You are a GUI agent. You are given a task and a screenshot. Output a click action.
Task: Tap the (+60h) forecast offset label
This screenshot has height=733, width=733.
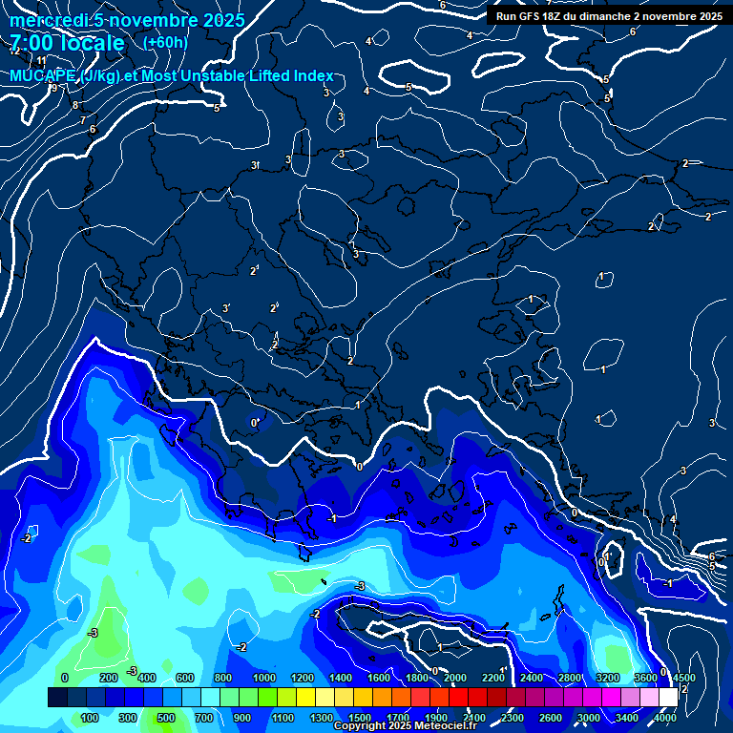click(x=165, y=43)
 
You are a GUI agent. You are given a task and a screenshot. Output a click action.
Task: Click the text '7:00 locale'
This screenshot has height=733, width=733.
click(x=67, y=43)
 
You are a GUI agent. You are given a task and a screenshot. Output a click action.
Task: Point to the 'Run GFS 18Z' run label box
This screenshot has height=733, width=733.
click(x=608, y=16)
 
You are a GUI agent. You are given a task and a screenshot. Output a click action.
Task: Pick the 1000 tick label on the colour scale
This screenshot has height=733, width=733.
click(x=263, y=678)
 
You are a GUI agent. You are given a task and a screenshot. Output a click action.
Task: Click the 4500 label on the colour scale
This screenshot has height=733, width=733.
click(x=683, y=678)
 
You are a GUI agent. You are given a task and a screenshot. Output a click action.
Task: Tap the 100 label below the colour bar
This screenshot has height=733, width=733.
click(x=91, y=718)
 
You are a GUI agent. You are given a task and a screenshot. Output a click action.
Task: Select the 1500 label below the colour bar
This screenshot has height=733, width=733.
click(x=360, y=718)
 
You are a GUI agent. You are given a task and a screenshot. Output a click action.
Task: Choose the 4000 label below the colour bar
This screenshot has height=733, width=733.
click(x=666, y=718)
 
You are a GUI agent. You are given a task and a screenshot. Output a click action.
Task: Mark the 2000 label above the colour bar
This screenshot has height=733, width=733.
click(x=455, y=678)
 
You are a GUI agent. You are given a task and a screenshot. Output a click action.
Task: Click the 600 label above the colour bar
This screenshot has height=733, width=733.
click(x=185, y=678)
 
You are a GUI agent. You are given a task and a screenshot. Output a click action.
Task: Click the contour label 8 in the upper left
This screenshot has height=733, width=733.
click(x=75, y=105)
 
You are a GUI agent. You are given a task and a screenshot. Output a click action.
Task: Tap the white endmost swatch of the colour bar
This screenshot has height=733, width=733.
click(x=668, y=698)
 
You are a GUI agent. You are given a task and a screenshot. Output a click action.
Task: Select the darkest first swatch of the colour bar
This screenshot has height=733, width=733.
click(x=57, y=698)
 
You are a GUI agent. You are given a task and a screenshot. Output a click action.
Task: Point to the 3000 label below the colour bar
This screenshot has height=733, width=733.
click(x=589, y=718)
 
